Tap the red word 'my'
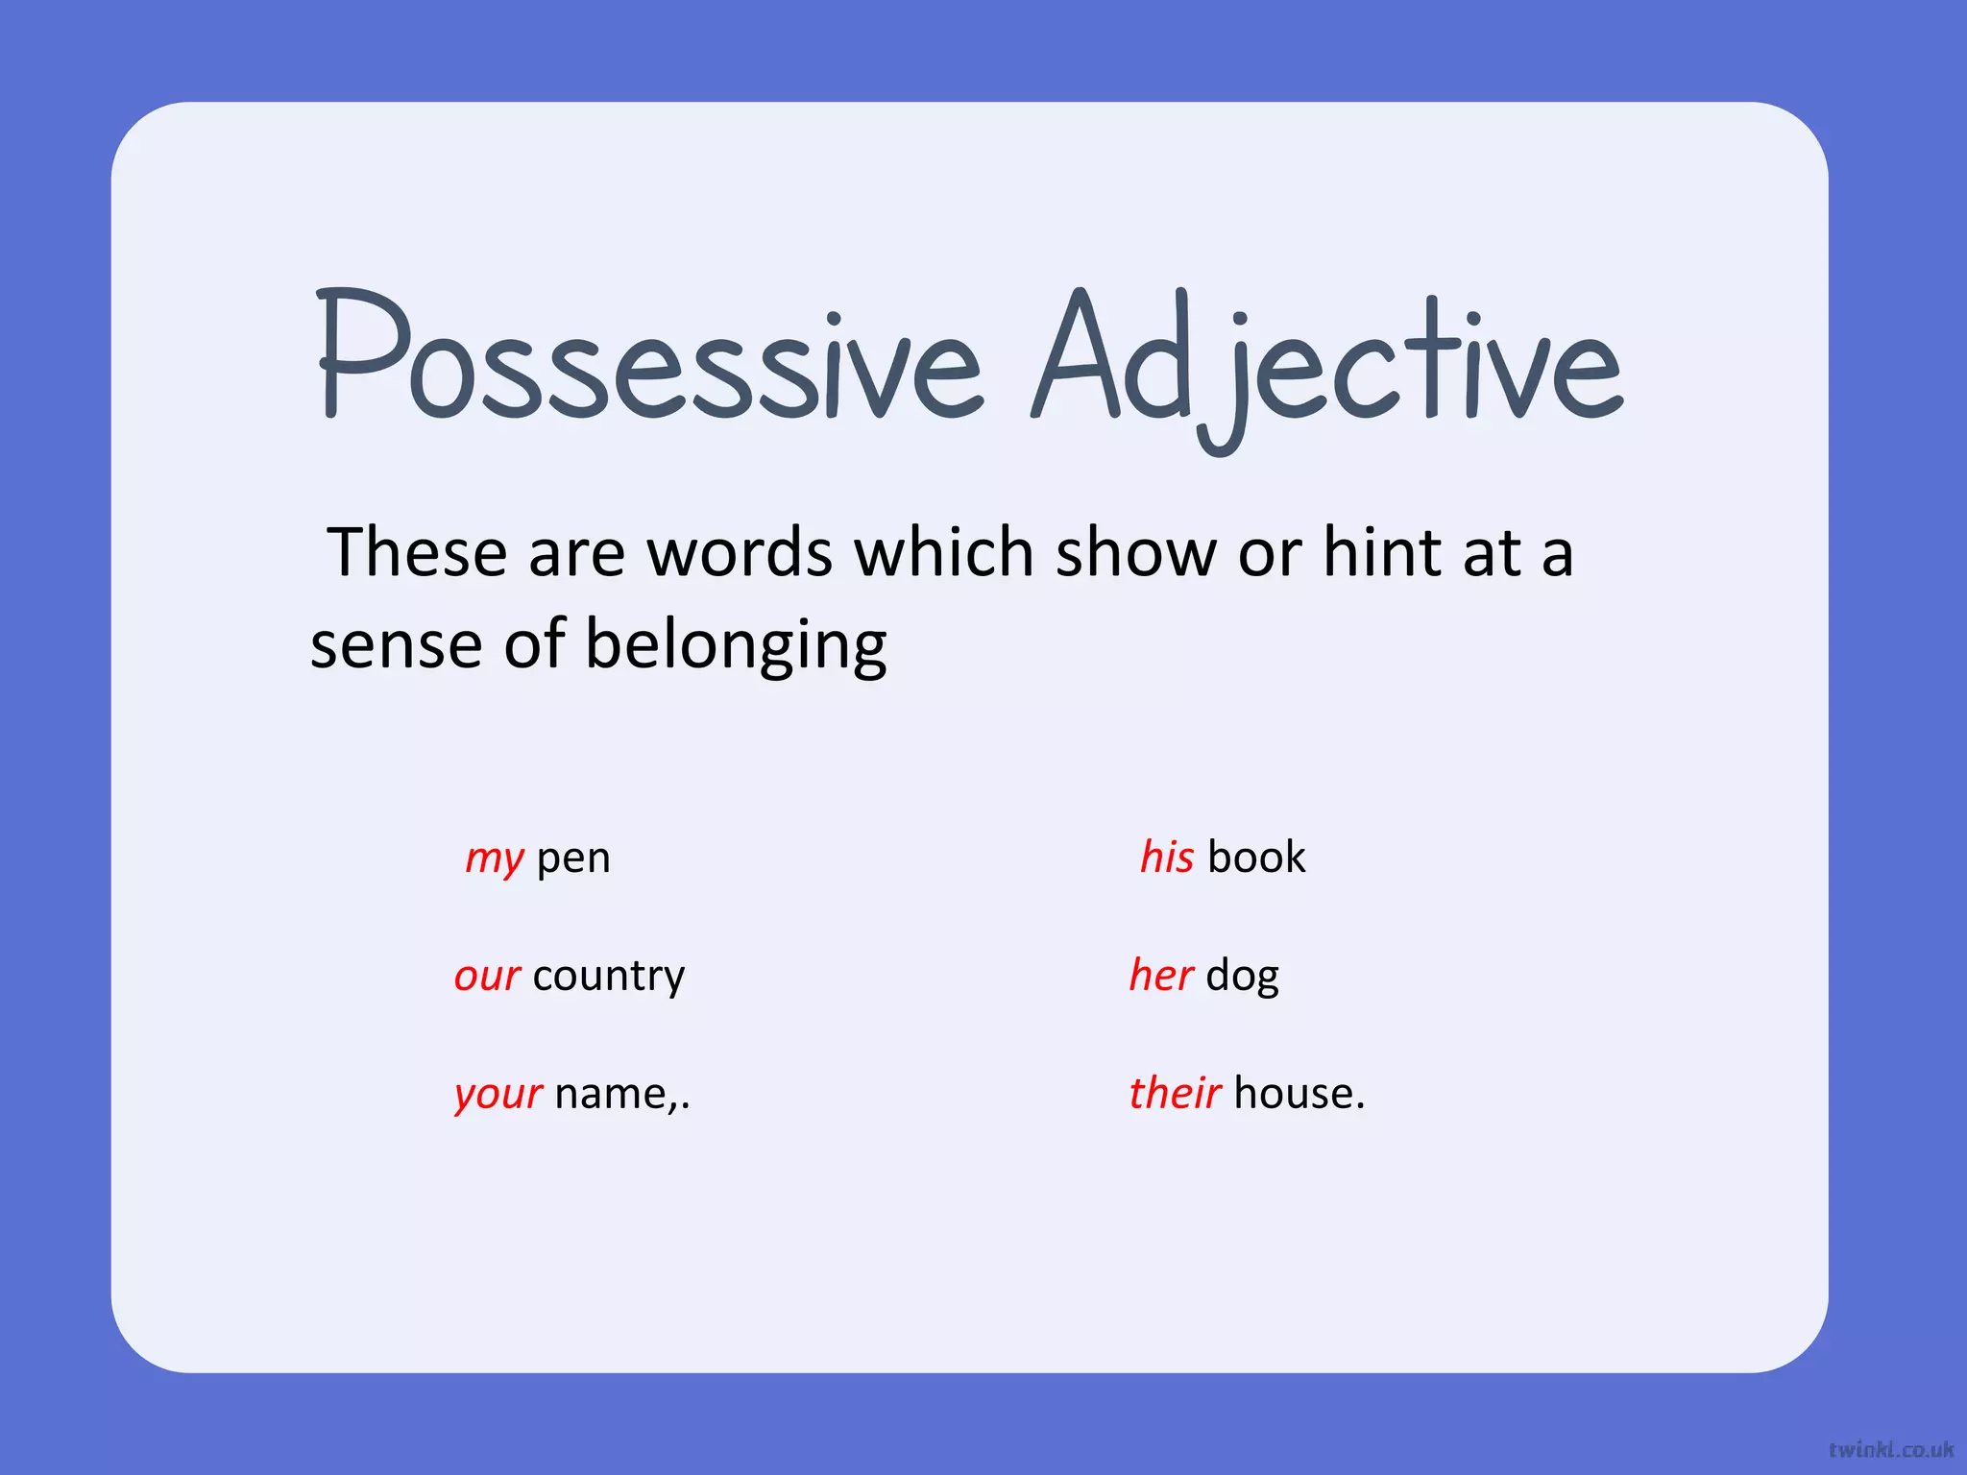tap(495, 858)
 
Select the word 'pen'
tap(573, 858)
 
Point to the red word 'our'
tap(487, 976)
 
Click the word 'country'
tap(609, 976)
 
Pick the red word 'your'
tap(498, 1094)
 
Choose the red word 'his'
tap(1167, 857)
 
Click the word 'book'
tap(1256, 857)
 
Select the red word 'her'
tap(1161, 975)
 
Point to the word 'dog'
tap(1242, 977)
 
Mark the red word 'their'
tap(1175, 1093)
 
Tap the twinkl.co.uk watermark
tap(1890, 1449)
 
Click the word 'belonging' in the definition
tap(736, 645)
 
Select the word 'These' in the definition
tap(417, 553)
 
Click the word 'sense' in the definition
tap(396, 645)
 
